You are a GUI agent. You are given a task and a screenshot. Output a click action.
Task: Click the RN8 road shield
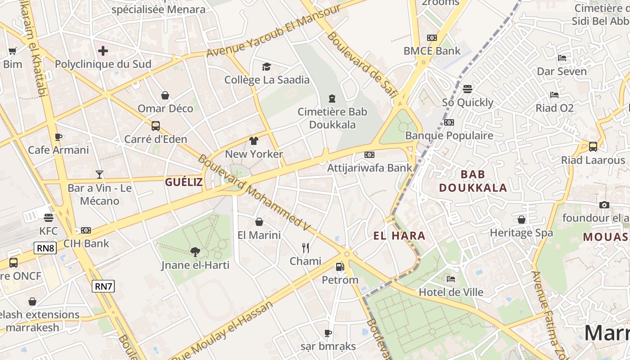point(45,248)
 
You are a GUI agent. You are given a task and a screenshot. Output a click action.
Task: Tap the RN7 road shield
point(103,286)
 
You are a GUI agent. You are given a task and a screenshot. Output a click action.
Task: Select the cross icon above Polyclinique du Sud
point(103,50)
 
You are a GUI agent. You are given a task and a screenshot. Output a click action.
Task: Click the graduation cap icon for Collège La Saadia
point(267,67)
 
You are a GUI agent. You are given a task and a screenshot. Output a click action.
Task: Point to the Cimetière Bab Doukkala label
point(332,118)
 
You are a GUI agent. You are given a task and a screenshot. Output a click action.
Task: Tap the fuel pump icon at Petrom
point(340,266)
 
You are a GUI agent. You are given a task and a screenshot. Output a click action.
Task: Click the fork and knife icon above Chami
point(306,247)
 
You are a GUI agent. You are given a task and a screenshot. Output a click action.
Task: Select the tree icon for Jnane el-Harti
point(195,252)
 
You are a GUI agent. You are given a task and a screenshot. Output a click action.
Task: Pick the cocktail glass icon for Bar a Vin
point(99,174)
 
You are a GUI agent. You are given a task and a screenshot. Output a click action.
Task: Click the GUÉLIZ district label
point(184,182)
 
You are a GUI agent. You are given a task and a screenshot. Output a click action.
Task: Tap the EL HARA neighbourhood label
point(399,235)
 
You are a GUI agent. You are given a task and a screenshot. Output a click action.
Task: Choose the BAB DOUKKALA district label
point(473,181)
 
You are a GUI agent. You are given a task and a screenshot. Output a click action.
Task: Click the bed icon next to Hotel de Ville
point(451,279)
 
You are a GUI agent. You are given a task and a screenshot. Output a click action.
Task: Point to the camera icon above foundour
point(604,205)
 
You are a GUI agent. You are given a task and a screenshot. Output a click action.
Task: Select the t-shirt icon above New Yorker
point(254,141)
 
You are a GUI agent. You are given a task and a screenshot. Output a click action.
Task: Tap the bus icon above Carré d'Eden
point(156,126)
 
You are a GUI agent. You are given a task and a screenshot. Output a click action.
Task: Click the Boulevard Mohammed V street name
point(254,193)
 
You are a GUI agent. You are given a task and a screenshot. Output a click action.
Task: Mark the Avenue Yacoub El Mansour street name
point(274,31)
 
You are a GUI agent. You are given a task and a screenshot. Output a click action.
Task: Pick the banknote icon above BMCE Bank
point(432,38)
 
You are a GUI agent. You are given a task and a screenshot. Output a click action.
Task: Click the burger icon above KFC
point(49,217)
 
